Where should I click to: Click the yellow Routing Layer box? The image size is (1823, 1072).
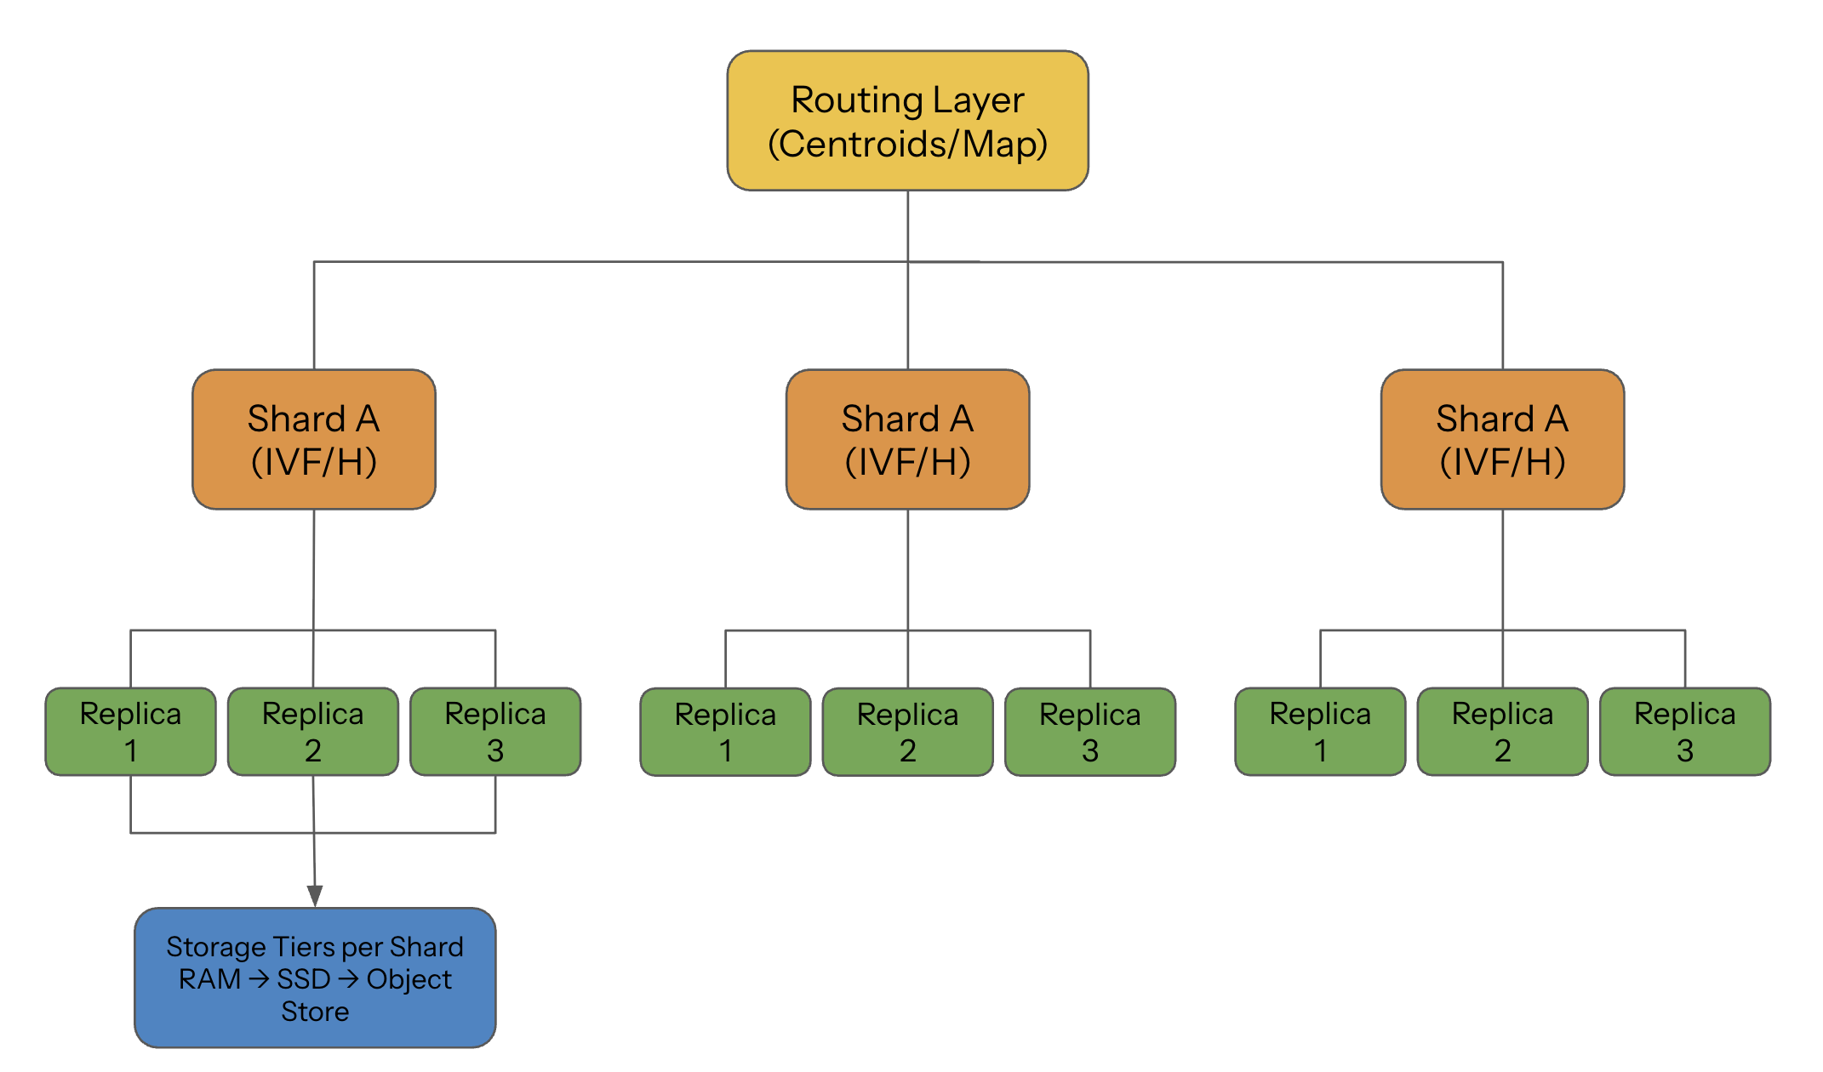tap(907, 121)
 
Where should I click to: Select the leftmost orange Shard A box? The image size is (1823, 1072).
tap(314, 439)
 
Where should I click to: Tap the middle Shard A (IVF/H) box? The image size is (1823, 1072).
tap(907, 439)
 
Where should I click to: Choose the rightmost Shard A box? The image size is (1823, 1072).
tap(1502, 439)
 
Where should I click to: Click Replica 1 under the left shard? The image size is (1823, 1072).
tap(130, 732)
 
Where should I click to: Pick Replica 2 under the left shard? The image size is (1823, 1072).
tap(312, 732)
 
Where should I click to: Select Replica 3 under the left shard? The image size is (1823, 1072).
tap(495, 732)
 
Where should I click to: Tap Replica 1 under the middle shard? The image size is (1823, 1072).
tap(725, 732)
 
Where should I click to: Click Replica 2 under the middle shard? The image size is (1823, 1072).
tap(907, 732)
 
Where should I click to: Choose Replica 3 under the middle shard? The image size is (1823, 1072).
tap(1090, 732)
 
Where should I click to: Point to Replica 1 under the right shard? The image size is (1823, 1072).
tap(1320, 732)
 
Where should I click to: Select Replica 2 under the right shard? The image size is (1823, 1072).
tap(1502, 732)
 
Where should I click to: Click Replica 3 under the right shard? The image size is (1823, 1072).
tap(1685, 732)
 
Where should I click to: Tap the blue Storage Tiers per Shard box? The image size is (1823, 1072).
tap(315, 978)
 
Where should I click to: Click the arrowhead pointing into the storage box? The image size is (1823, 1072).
tap(315, 896)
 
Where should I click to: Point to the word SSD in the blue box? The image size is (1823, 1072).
tap(304, 979)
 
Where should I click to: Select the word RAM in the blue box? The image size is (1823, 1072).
tap(209, 979)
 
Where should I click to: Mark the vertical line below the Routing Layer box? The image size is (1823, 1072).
tap(908, 225)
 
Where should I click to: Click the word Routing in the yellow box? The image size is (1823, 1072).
tap(857, 100)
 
